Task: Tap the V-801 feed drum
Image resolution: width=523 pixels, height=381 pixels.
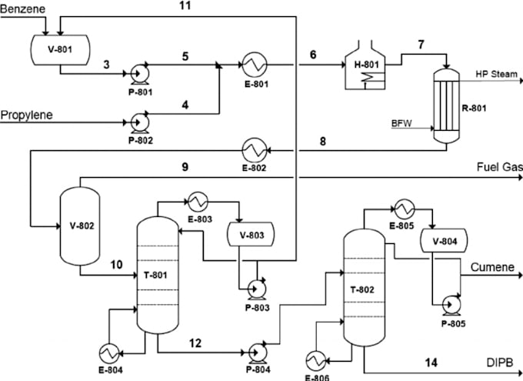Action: click(61, 50)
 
